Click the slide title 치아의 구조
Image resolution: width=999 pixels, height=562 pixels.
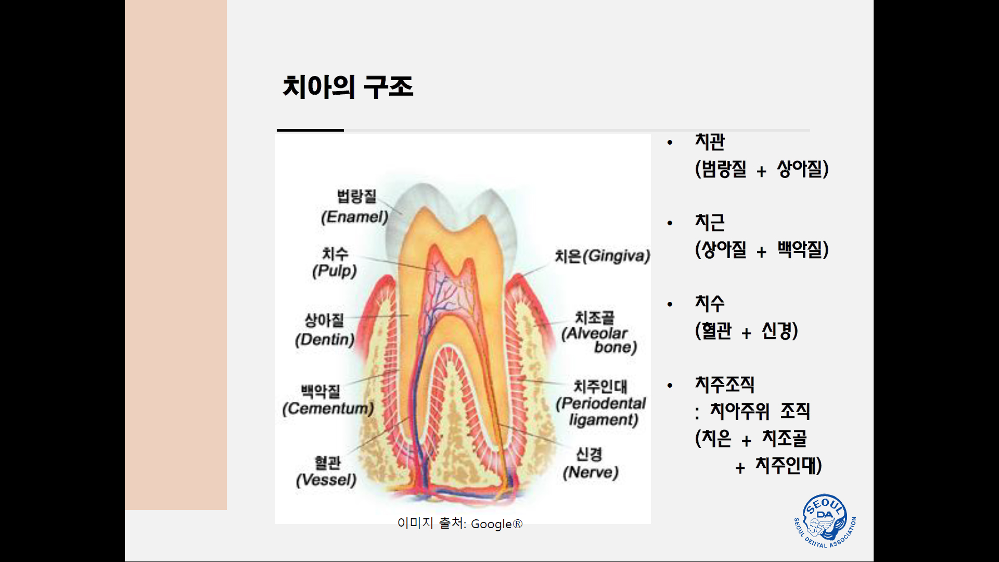click(348, 86)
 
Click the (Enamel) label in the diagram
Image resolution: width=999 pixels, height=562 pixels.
click(355, 217)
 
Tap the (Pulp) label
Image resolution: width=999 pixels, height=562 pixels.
click(335, 271)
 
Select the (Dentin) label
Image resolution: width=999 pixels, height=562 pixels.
click(325, 340)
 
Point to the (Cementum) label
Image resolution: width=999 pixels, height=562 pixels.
click(328, 408)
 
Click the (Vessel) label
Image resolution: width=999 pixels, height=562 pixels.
click(326, 480)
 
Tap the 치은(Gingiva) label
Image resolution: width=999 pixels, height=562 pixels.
click(603, 256)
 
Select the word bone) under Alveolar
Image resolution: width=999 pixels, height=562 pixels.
click(616, 347)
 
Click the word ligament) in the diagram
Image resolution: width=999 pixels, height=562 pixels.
click(604, 419)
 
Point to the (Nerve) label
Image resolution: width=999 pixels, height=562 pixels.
click(591, 472)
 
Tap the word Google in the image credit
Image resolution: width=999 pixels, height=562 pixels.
click(491, 524)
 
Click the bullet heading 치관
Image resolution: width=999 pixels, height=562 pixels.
click(710, 142)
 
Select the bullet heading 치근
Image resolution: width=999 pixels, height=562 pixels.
click(710, 223)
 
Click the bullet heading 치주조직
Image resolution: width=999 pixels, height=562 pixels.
click(725, 385)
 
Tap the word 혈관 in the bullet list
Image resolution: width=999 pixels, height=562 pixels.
click(716, 331)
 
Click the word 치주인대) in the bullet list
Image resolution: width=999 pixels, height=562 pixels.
click(789, 466)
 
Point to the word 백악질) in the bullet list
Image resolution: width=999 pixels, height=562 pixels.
click(803, 250)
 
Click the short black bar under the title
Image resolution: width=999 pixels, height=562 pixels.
click(310, 130)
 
